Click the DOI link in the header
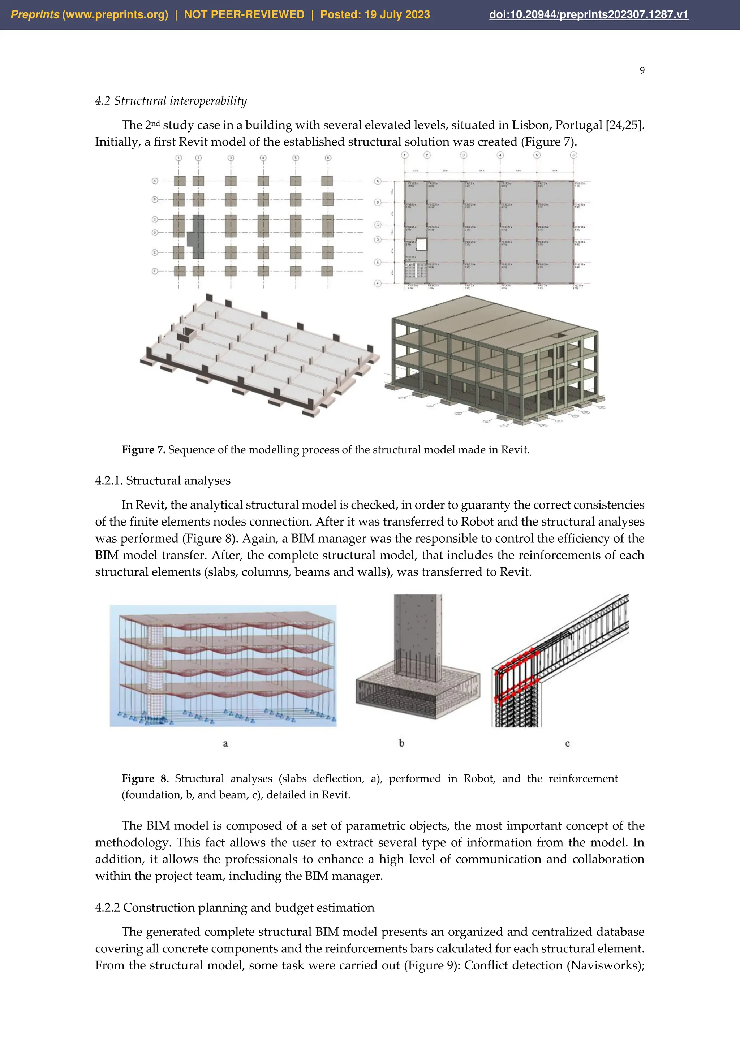(x=588, y=14)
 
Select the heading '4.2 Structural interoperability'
(x=171, y=101)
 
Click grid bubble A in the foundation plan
(x=155, y=181)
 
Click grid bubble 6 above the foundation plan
(x=328, y=158)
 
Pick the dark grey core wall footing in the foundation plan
(x=197, y=237)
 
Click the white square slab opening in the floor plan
(x=422, y=245)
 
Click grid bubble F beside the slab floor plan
(x=377, y=284)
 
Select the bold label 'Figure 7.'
(x=143, y=450)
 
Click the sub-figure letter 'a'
(x=225, y=743)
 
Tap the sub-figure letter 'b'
(x=401, y=743)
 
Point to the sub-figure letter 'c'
(x=567, y=743)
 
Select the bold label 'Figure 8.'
(x=145, y=779)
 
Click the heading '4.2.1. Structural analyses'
(x=163, y=481)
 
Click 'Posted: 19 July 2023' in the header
(x=375, y=14)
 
